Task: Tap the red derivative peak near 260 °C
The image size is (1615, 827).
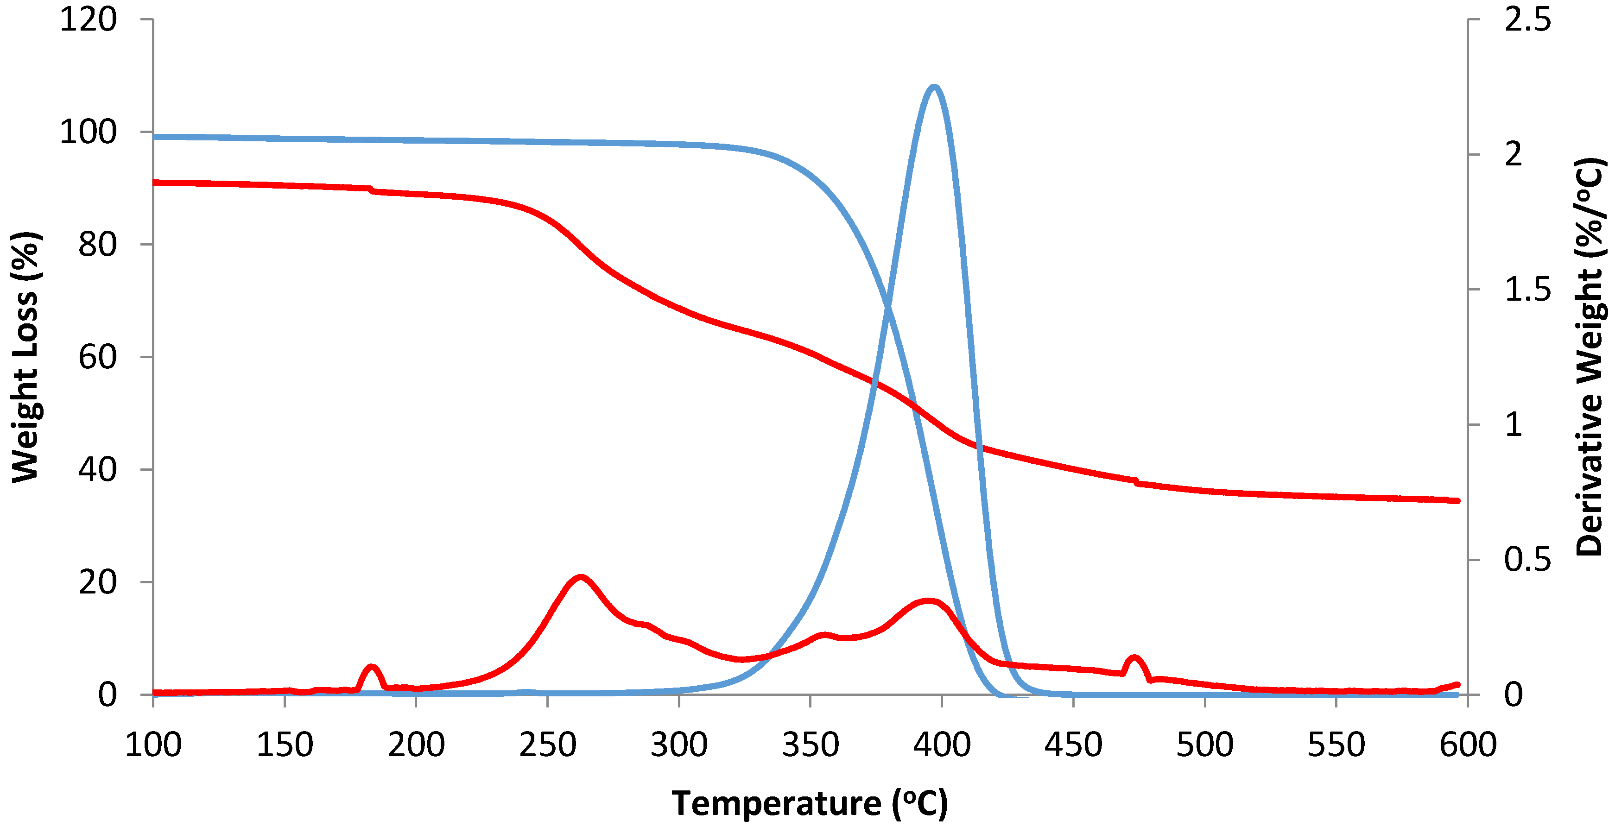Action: [581, 577]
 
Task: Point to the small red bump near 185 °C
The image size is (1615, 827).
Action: [371, 667]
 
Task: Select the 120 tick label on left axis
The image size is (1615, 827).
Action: [88, 19]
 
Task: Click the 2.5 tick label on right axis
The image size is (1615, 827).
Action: [1527, 19]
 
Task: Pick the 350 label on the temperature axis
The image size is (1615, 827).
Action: [810, 745]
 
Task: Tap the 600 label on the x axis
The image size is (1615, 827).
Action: [1468, 745]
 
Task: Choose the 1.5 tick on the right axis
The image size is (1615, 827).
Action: [1527, 290]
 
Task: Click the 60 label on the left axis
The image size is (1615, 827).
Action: [97, 357]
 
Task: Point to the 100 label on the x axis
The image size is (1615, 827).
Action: [153, 745]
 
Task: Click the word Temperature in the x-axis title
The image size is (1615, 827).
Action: [776, 803]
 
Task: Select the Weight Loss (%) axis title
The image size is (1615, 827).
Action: [25, 357]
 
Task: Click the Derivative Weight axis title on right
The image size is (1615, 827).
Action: [1590, 357]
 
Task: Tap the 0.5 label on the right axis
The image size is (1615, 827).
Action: [1527, 559]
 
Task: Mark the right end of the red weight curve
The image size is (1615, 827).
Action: [1457, 500]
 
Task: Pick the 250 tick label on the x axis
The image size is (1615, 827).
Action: [547, 745]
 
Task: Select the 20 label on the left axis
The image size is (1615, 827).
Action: [97, 582]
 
